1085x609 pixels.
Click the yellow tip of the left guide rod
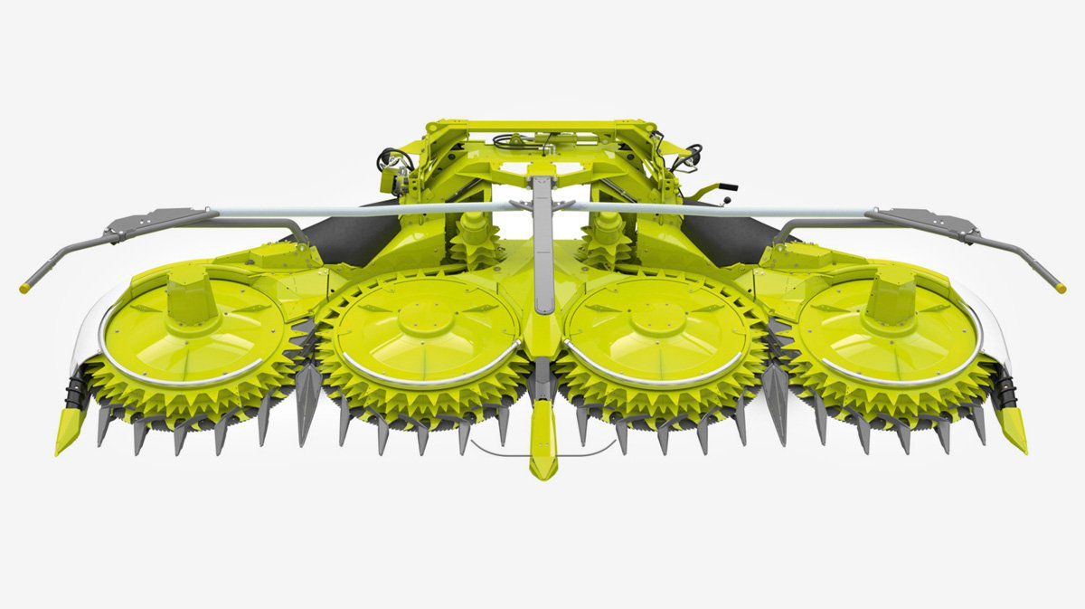coord(24,288)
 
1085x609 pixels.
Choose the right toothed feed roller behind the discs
coord(607,243)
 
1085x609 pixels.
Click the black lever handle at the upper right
coord(722,189)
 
